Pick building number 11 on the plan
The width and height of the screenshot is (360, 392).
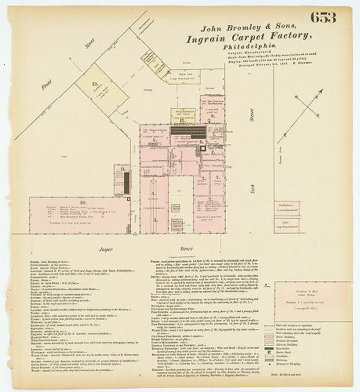pos(122,168)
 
